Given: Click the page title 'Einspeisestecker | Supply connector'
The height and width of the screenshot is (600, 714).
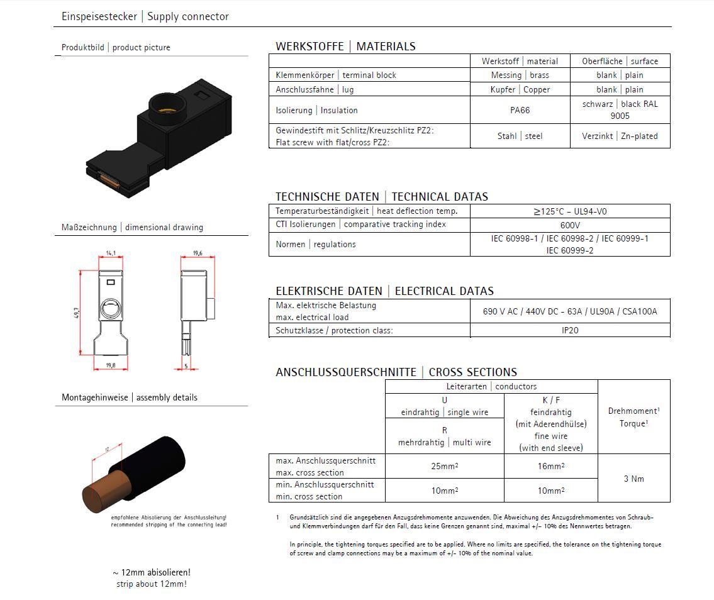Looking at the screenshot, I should tap(145, 16).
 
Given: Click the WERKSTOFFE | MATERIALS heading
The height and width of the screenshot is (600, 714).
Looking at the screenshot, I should tap(345, 46).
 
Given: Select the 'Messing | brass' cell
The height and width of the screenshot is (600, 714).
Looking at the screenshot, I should tap(520, 75).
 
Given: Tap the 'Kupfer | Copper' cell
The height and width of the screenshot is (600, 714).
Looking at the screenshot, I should tap(520, 89).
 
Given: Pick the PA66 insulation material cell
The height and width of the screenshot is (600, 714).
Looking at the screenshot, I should tap(520, 110).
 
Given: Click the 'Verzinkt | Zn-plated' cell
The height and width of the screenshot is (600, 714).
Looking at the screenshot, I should tap(619, 136).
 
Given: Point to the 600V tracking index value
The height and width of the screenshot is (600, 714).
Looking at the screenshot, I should tap(569, 225).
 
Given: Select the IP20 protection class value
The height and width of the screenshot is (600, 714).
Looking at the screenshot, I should tap(569, 330).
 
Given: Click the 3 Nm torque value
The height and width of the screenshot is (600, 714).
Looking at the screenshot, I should tap(633, 479).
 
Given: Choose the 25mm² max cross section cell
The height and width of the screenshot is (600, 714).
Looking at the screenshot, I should tap(444, 467).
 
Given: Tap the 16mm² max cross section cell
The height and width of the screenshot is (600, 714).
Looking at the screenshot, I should tap(550, 467).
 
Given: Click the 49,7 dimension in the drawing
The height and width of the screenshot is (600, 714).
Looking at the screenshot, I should tap(77, 313).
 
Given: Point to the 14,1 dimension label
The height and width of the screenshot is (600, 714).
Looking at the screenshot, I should tap(111, 253).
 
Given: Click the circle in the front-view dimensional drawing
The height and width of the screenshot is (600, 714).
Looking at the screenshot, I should tap(110, 309).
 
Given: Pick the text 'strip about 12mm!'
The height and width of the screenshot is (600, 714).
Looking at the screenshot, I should tap(151, 584).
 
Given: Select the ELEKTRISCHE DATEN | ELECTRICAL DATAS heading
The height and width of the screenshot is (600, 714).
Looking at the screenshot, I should tap(384, 291).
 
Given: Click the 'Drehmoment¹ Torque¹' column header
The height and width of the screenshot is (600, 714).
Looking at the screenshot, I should tap(633, 417).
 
